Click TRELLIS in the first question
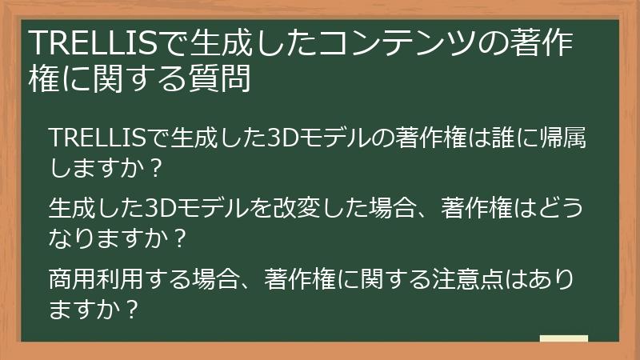pos(98,137)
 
